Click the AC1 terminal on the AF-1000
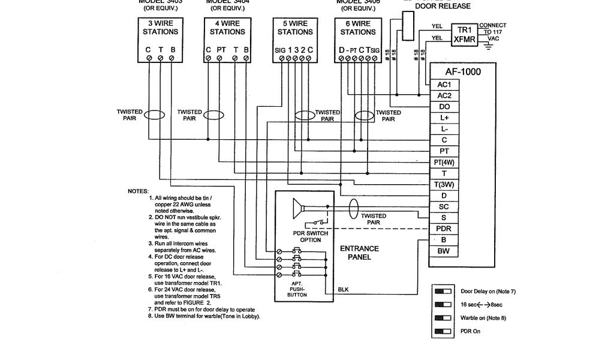pyautogui.click(x=444, y=85)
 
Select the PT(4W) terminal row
pyautogui.click(x=444, y=162)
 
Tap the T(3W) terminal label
pyautogui.click(x=444, y=184)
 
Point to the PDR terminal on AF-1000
pyautogui.click(x=444, y=229)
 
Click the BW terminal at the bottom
pyautogui.click(x=444, y=251)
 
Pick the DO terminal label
pyautogui.click(x=444, y=107)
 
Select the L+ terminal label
pyautogui.click(x=444, y=118)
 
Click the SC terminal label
pyautogui.click(x=444, y=206)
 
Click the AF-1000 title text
pyautogui.click(x=462, y=71)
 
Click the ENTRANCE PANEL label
pyautogui.click(x=359, y=253)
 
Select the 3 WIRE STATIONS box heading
pyautogui.click(x=161, y=28)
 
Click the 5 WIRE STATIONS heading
pyautogui.click(x=294, y=28)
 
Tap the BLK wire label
pyautogui.click(x=343, y=290)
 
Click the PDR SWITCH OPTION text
pyautogui.click(x=306, y=236)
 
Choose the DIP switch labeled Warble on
pyautogui.click(x=443, y=317)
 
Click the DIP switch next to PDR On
pyautogui.click(x=443, y=331)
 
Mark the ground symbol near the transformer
pyautogui.click(x=489, y=45)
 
